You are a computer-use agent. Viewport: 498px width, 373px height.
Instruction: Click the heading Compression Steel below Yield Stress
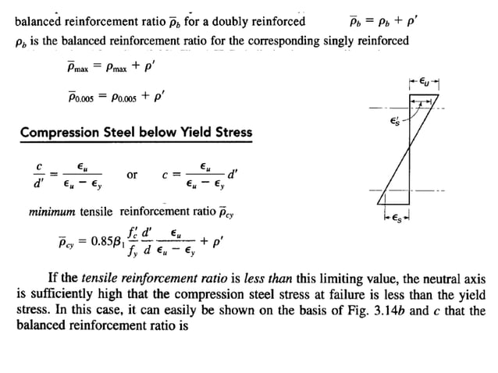coord(136,132)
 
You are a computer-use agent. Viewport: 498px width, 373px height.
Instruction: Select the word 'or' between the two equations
coord(132,175)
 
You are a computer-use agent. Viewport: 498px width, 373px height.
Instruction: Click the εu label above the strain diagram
coord(422,80)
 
